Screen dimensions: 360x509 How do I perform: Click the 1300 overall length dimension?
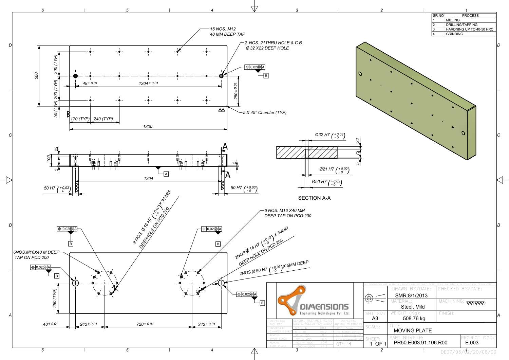[x=148, y=126]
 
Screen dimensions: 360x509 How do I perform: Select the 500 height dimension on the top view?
[x=36, y=76]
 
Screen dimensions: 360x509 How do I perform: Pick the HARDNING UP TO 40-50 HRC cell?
[x=469, y=29]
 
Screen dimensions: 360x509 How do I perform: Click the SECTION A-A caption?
[x=314, y=198]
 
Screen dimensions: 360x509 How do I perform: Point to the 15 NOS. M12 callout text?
[x=223, y=29]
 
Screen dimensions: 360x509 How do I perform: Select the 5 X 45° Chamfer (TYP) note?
[x=265, y=112]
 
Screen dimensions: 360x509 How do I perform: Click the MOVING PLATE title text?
[x=413, y=330]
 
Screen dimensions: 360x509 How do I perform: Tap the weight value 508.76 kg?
[x=414, y=319]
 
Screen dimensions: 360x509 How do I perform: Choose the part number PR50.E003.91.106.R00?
[x=420, y=343]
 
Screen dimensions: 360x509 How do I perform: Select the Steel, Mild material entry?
[x=413, y=307]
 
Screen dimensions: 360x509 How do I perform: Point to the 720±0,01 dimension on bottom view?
[x=145, y=324]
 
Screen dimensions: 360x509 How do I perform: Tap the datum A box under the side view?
[x=166, y=174]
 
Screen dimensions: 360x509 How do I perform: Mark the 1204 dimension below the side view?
[x=148, y=178]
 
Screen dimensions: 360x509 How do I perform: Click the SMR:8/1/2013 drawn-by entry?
[x=411, y=295]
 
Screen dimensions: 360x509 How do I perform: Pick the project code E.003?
[x=472, y=343]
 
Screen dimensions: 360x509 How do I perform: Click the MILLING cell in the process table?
[x=453, y=20]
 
